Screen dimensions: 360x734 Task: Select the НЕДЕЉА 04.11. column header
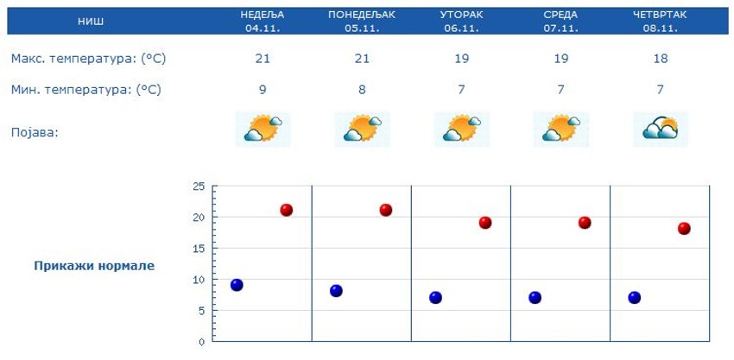[263, 21]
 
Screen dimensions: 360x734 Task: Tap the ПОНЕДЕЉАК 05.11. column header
[363, 21]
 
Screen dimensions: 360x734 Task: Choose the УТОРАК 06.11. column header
[461, 21]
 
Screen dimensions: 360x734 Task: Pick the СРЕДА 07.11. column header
[560, 21]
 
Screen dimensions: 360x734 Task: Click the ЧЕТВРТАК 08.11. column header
[660, 21]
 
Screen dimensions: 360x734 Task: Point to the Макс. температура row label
[88, 59]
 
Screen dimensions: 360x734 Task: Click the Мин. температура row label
[86, 89]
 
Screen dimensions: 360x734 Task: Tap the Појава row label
[35, 132]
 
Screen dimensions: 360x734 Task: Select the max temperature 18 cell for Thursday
[660, 59]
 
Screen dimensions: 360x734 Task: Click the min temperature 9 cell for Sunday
[263, 89]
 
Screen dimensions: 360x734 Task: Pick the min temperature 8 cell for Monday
[363, 89]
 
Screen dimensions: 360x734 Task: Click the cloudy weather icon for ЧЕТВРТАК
[660, 129]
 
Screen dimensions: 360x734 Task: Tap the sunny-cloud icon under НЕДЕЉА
[263, 129]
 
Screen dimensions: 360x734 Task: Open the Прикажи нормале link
[94, 266]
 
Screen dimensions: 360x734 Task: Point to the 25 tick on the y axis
[199, 186]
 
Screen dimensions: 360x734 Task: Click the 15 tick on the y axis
[199, 249]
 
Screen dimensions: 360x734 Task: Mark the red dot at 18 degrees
[684, 229]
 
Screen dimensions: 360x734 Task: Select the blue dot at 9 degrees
[237, 285]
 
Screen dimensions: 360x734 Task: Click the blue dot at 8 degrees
[336, 291]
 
